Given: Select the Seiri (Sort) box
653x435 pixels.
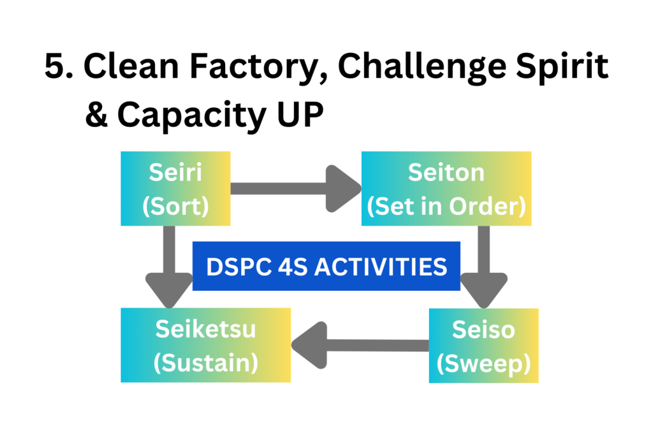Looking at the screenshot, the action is click(x=175, y=188).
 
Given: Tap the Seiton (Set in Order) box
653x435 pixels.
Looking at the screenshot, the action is click(x=446, y=188).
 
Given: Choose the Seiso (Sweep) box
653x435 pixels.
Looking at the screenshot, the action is click(x=483, y=346).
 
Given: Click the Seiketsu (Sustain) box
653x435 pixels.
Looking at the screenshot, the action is click(x=206, y=345).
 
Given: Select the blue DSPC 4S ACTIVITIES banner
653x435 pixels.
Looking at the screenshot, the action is click(x=326, y=266).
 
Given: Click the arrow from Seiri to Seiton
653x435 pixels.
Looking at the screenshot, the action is click(x=296, y=189).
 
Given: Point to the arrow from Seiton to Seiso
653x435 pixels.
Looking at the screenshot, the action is click(x=483, y=267).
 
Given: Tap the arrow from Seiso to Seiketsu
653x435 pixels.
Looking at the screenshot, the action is click(x=360, y=346).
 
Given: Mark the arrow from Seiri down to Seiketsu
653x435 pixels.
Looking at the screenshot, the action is click(x=169, y=267).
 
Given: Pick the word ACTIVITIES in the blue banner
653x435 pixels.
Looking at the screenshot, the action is click(x=381, y=267).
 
